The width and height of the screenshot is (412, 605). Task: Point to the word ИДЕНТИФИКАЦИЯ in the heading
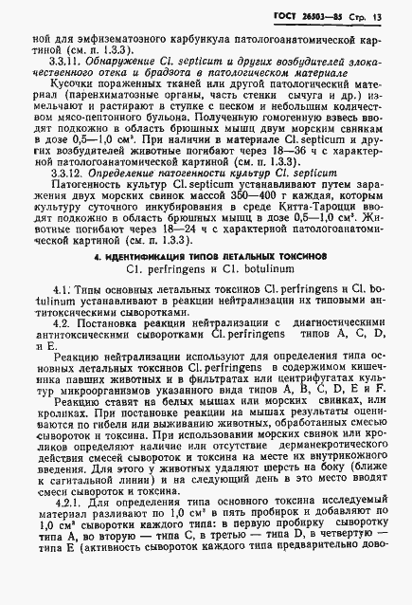coord(166,258)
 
